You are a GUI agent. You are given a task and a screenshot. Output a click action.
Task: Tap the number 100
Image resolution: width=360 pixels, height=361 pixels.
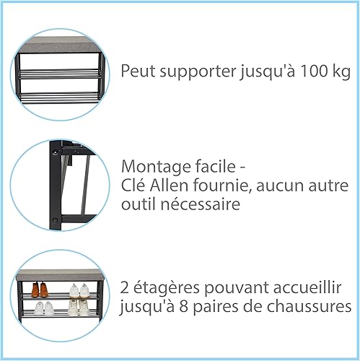pyautogui.click(x=314, y=71)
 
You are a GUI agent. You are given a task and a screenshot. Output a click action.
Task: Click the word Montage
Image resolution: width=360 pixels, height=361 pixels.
pyautogui.click(x=156, y=168)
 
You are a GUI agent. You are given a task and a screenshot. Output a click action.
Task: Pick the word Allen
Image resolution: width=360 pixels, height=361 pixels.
pyautogui.click(x=169, y=186)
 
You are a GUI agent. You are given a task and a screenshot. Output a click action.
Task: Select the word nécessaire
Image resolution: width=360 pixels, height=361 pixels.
pyautogui.click(x=200, y=204)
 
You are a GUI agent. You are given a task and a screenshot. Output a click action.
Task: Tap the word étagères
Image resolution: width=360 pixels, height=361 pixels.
pyautogui.click(x=167, y=288)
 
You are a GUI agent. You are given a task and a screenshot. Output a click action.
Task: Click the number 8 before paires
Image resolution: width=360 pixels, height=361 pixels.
pyautogui.click(x=184, y=306)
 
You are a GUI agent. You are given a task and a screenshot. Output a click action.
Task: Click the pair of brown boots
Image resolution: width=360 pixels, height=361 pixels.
pyautogui.click(x=40, y=290)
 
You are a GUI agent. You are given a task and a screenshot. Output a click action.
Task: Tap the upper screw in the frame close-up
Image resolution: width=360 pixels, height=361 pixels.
pyautogui.click(x=56, y=152)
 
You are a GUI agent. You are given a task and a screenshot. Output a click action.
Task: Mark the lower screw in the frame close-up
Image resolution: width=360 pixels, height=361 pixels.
pyautogui.click(x=56, y=219)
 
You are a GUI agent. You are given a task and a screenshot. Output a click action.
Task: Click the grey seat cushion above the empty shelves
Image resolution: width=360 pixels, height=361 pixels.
pyautogui.click(x=59, y=45)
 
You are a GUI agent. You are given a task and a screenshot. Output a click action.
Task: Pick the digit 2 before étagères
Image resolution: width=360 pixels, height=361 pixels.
pyautogui.click(x=124, y=288)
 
